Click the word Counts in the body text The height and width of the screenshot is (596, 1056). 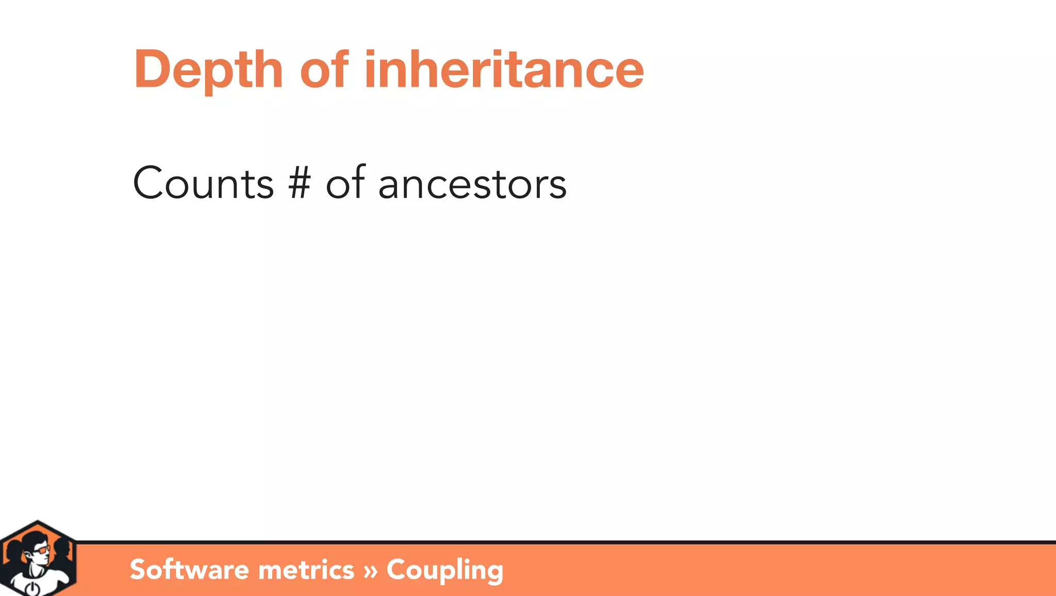(x=203, y=184)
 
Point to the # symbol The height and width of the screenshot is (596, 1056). (x=300, y=184)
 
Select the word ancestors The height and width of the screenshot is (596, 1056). (x=472, y=184)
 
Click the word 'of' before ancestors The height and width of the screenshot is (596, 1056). (x=345, y=183)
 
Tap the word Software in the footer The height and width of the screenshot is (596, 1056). (x=189, y=569)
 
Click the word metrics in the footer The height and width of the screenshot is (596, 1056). (x=306, y=570)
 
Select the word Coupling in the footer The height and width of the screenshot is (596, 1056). (x=444, y=570)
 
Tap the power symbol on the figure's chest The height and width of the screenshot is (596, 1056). (x=31, y=588)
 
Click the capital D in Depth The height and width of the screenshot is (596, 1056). (x=151, y=70)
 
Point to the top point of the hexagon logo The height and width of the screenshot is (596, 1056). (x=37, y=522)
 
